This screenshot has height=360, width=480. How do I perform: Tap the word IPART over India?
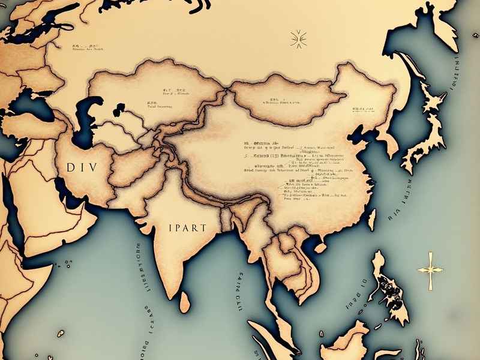pos(187,228)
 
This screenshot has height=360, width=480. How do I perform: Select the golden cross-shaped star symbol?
pos(430,268)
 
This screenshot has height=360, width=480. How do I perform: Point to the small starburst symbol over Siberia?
pos(297,39)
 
